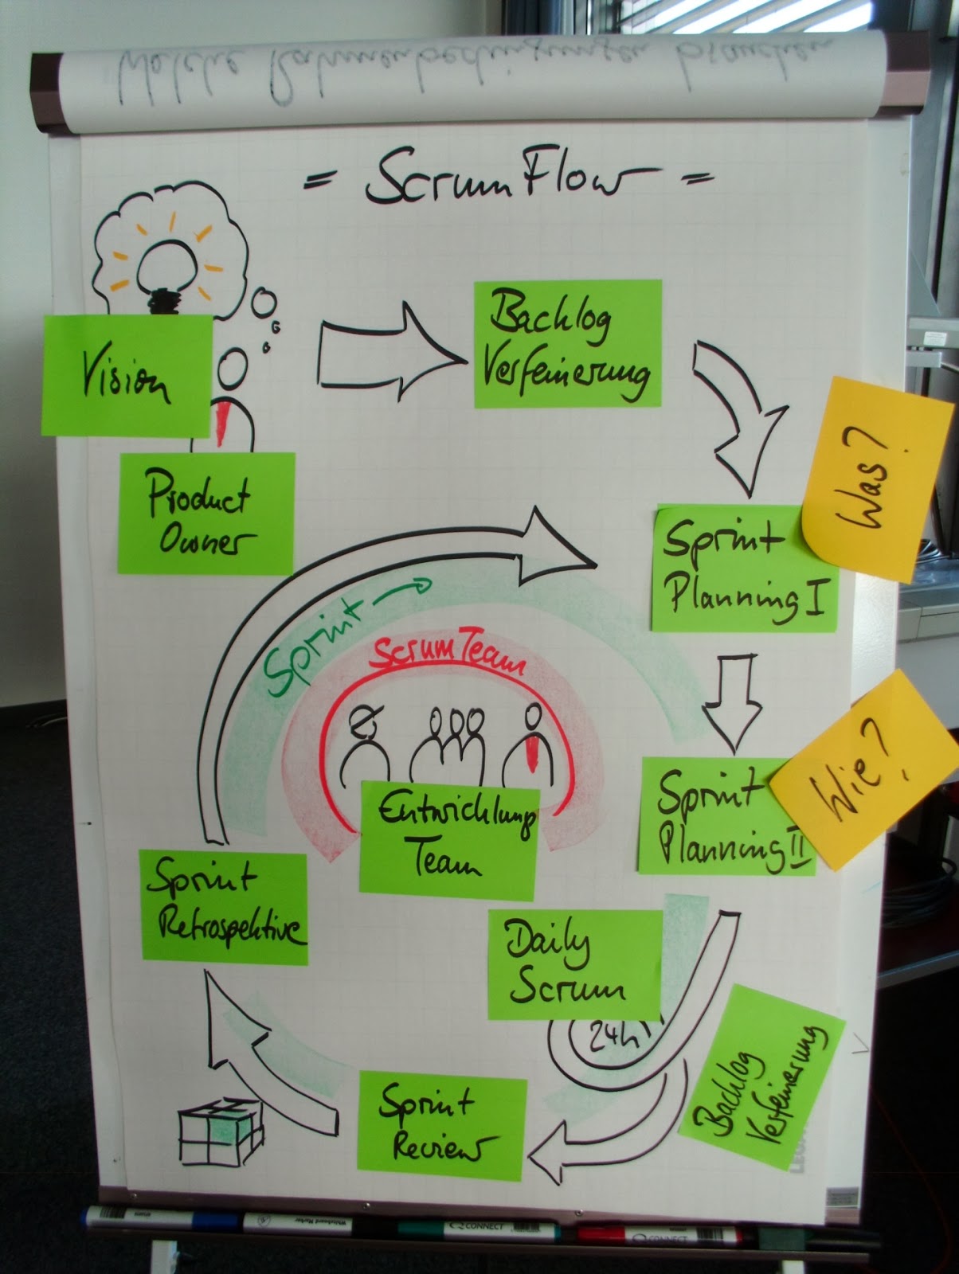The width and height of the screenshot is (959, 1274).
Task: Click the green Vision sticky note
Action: [x=127, y=375]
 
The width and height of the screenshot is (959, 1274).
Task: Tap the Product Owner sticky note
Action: [x=205, y=514]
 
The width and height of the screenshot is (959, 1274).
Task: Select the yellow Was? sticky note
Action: [x=871, y=478]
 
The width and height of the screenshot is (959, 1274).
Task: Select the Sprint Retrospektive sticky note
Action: [x=223, y=908]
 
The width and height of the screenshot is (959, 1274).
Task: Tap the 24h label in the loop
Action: [x=612, y=1036]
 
